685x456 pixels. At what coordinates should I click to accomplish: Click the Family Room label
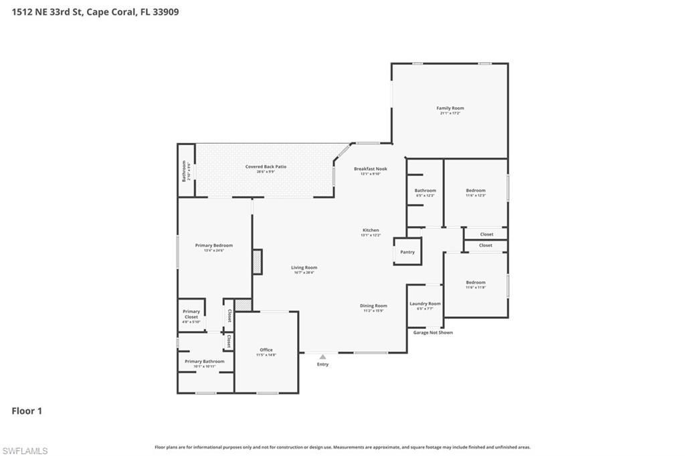[450, 108]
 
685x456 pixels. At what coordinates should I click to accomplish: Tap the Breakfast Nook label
[370, 169]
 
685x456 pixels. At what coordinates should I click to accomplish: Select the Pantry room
[407, 252]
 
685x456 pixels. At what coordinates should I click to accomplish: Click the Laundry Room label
[425, 304]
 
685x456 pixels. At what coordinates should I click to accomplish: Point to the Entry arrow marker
[322, 357]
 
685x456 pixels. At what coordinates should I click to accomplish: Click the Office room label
[266, 350]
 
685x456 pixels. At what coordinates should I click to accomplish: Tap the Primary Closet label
[191, 314]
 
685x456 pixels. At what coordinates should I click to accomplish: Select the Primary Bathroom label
[205, 362]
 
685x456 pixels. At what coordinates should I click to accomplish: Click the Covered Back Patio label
[266, 166]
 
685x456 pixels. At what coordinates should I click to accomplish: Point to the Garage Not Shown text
[433, 332]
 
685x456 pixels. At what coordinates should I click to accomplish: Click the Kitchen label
[371, 231]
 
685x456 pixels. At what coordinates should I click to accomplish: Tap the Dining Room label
[375, 306]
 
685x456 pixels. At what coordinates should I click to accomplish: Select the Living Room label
[304, 268]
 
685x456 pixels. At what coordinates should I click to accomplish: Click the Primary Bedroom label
[213, 246]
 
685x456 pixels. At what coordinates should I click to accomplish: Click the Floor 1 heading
[27, 411]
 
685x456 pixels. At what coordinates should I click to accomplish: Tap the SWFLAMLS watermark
[25, 451]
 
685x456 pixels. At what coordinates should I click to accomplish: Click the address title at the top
[95, 11]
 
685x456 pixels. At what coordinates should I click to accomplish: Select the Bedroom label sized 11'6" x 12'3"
[476, 191]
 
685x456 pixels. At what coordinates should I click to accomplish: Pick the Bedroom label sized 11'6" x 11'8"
[476, 283]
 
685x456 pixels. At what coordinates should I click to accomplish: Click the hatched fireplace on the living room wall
[257, 261]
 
